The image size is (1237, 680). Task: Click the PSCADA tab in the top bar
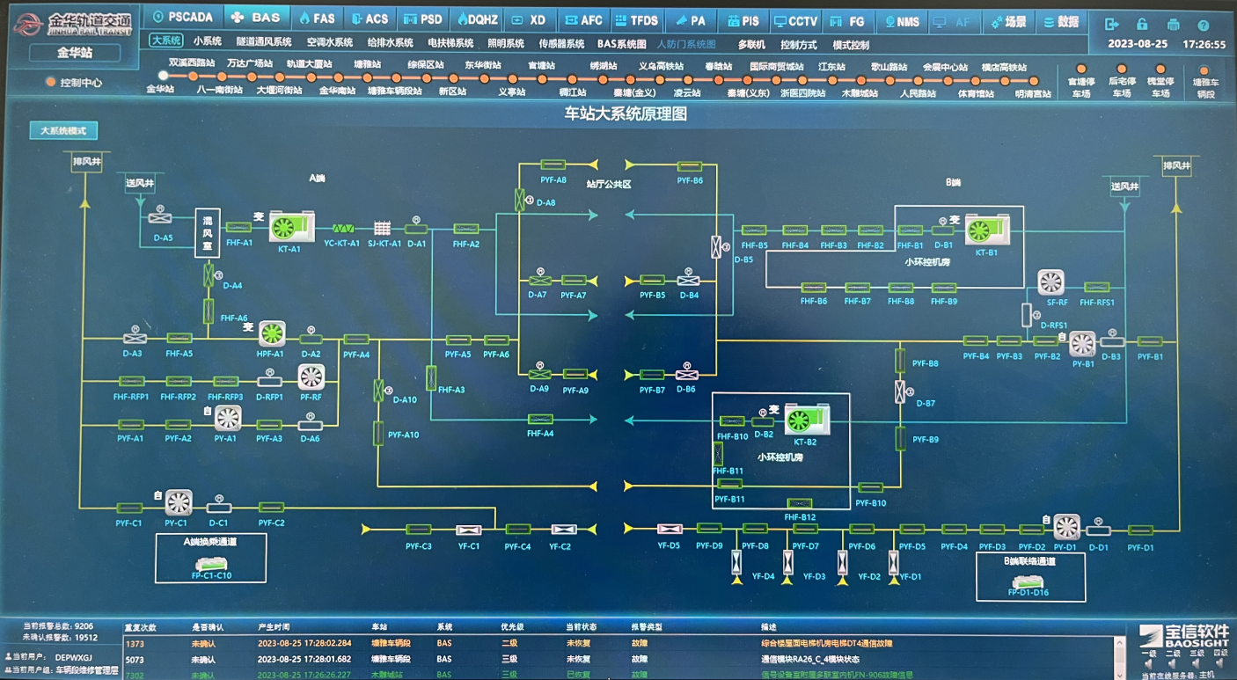coord(183,18)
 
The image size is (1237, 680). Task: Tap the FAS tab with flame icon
coord(317,18)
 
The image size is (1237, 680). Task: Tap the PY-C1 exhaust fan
coord(179,502)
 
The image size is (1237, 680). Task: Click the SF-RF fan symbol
coord(1051,282)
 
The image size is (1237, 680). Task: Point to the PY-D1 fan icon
coord(1067,527)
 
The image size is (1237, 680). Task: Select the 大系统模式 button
coord(63,131)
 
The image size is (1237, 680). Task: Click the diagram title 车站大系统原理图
coord(625,113)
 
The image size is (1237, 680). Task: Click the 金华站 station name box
coord(74,53)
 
